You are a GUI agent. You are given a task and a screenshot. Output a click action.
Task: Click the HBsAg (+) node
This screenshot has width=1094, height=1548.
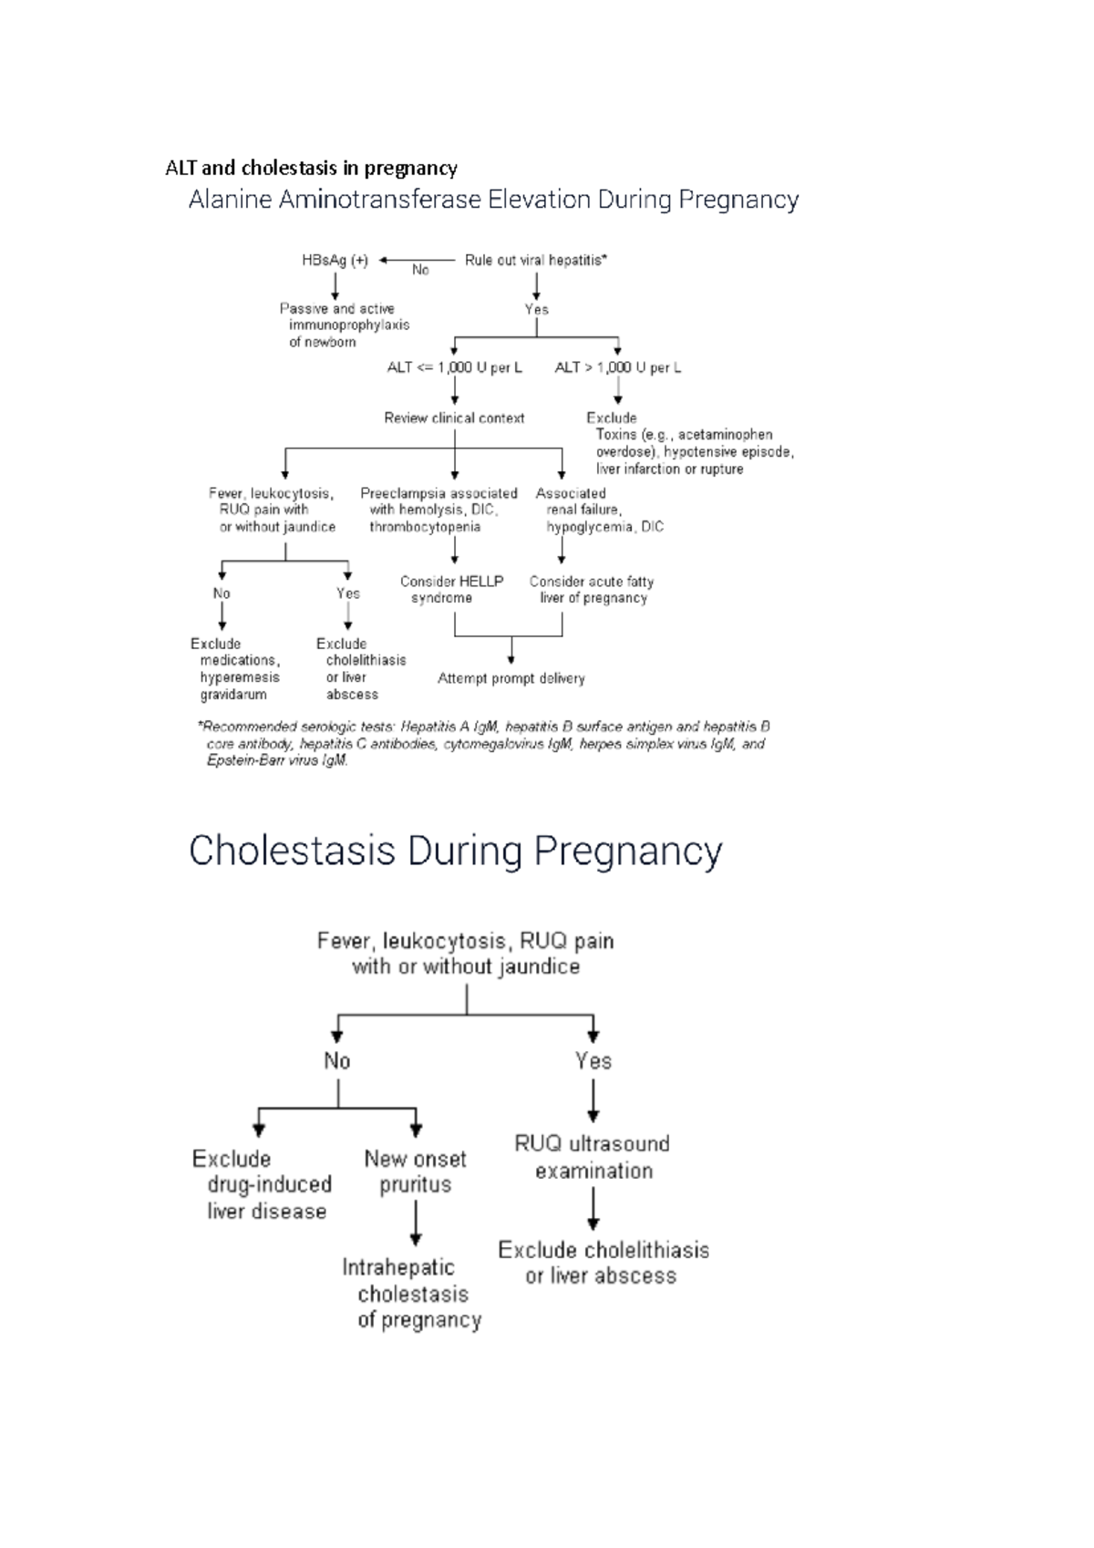pos(335,261)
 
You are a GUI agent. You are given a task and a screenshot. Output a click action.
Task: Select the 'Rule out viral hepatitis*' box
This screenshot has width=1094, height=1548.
pos(535,261)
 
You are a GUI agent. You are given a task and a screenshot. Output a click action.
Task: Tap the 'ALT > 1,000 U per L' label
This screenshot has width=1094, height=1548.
pos(617,368)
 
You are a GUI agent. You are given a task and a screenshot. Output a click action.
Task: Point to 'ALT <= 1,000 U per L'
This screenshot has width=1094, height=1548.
pos(454,368)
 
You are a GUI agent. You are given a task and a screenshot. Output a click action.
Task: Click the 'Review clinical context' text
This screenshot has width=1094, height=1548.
pos(454,418)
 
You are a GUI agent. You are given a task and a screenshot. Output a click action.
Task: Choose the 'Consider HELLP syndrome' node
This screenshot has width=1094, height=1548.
pos(451,590)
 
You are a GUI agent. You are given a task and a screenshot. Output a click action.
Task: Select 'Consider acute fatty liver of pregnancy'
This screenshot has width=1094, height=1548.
pos(592,590)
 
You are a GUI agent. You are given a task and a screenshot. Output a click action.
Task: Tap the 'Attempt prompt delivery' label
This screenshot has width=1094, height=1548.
pos(511,679)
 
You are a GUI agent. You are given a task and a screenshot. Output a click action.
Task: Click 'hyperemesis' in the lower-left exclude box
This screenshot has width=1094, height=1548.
pos(240,677)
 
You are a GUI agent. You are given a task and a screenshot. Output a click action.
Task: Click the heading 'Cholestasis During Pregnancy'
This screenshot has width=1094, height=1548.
pos(455,851)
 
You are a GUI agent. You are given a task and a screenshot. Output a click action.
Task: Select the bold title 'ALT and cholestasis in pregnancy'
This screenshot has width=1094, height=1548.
pos(311,169)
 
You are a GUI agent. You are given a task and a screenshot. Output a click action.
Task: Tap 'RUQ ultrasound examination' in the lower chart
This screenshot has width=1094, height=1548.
pos(593,1158)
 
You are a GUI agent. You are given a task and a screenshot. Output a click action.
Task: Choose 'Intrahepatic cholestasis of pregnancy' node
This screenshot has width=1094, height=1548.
pos(413,1294)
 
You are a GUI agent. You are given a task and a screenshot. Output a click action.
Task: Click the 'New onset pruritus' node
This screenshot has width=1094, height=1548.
pos(415,1171)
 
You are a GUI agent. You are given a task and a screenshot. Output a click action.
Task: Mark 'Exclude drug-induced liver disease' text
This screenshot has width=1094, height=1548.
pos(262,1185)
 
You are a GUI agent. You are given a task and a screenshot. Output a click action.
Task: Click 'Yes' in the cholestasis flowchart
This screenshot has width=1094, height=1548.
pos(593,1061)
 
